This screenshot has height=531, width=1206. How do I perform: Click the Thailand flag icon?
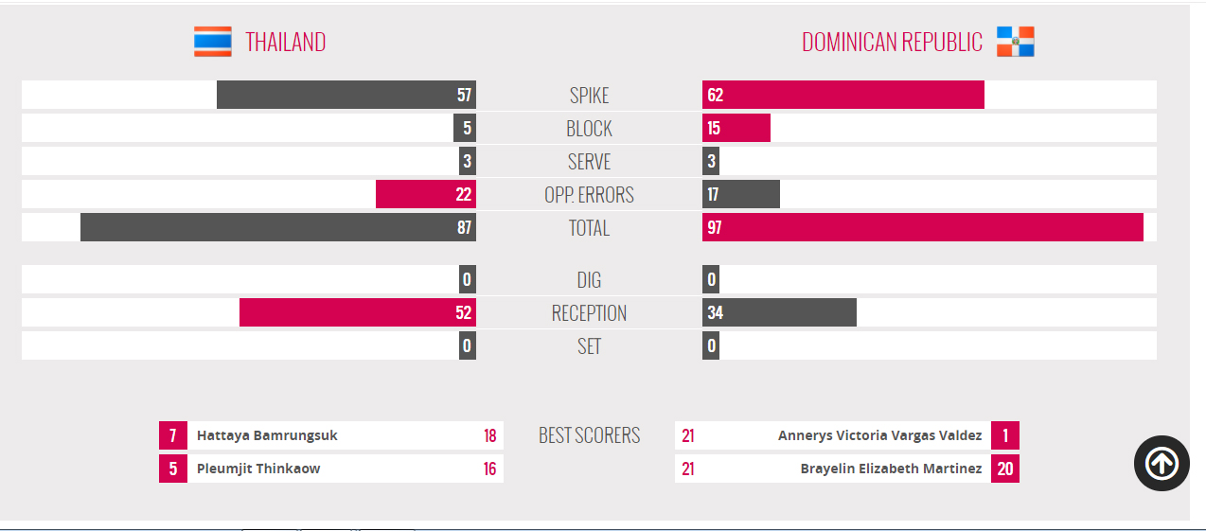click(x=213, y=42)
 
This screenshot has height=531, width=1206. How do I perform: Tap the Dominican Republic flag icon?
click(x=1015, y=42)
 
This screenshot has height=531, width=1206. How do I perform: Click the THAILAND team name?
click(x=286, y=43)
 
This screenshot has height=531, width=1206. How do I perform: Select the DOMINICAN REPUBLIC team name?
click(x=892, y=43)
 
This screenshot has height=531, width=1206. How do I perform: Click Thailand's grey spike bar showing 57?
click(x=346, y=95)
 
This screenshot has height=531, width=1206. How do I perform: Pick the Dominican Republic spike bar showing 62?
click(x=842, y=95)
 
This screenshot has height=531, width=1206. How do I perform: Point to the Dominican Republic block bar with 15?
click(x=736, y=128)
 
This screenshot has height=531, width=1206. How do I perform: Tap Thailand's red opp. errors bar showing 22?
click(x=425, y=194)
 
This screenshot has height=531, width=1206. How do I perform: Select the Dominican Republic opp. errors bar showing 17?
click(x=740, y=194)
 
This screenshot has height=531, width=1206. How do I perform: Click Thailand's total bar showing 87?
click(x=277, y=227)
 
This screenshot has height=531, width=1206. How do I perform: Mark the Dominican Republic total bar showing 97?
click(x=922, y=227)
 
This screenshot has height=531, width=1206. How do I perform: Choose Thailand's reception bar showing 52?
click(x=357, y=312)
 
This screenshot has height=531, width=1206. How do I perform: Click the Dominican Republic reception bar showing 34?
click(x=779, y=312)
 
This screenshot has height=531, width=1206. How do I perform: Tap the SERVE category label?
click(x=589, y=162)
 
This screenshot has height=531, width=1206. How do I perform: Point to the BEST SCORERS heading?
click(x=589, y=435)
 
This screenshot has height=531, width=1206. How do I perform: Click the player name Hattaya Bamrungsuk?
click(x=267, y=435)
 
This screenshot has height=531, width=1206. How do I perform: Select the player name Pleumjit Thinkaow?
click(x=258, y=469)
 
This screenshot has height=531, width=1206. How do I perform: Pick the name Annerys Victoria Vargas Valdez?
click(x=879, y=435)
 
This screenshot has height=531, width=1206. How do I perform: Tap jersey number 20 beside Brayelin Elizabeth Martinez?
click(x=1004, y=469)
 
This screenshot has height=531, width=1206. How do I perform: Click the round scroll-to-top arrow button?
click(x=1162, y=463)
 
